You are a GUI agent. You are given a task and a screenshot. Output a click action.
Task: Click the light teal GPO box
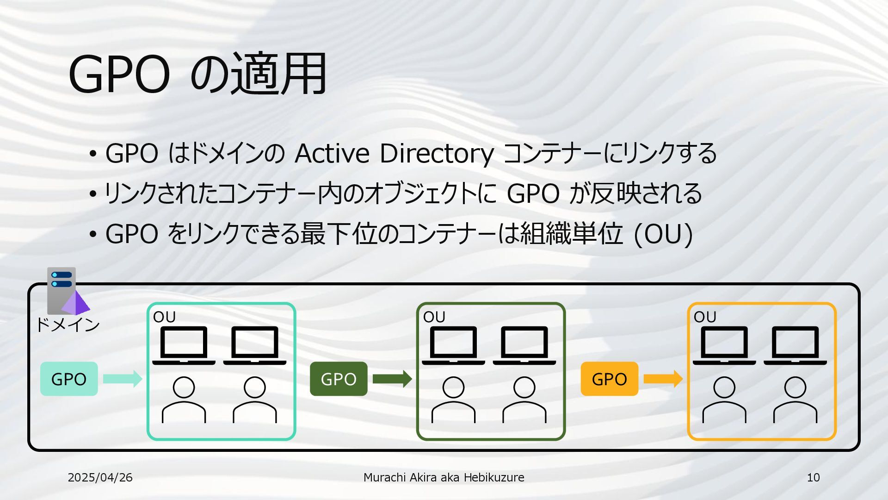69,379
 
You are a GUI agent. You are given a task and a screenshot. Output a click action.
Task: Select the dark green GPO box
339,379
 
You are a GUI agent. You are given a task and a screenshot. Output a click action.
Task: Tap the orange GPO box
609,379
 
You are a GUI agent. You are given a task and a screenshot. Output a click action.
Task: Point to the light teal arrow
122,379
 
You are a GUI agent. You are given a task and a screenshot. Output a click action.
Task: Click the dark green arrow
392,379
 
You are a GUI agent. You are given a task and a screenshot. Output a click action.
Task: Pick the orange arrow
663,379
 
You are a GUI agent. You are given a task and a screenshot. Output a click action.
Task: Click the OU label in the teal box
164,317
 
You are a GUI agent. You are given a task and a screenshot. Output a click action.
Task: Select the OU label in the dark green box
434,317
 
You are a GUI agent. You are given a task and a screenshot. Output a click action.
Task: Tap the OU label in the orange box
704,317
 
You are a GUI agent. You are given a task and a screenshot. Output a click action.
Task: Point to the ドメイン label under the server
68,325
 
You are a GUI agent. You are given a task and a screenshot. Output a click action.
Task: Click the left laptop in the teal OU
184,345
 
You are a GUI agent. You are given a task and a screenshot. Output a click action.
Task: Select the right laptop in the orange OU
795,345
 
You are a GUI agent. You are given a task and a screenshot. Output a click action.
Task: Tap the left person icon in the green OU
453,400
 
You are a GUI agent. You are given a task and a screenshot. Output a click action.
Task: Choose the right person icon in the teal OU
255,400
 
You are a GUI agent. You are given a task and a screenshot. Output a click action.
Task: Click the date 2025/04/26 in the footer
100,477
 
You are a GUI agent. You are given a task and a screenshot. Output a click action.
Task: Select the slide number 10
813,477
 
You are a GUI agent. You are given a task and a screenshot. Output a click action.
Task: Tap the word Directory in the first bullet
437,153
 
